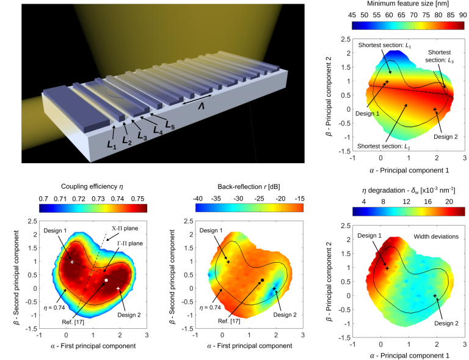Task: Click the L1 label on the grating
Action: [x=111, y=145]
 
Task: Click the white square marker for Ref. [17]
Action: [x=106, y=280]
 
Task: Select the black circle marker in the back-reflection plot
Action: [x=262, y=280]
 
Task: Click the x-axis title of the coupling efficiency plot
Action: [x=93, y=346]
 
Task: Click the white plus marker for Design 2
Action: [x=118, y=288]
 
